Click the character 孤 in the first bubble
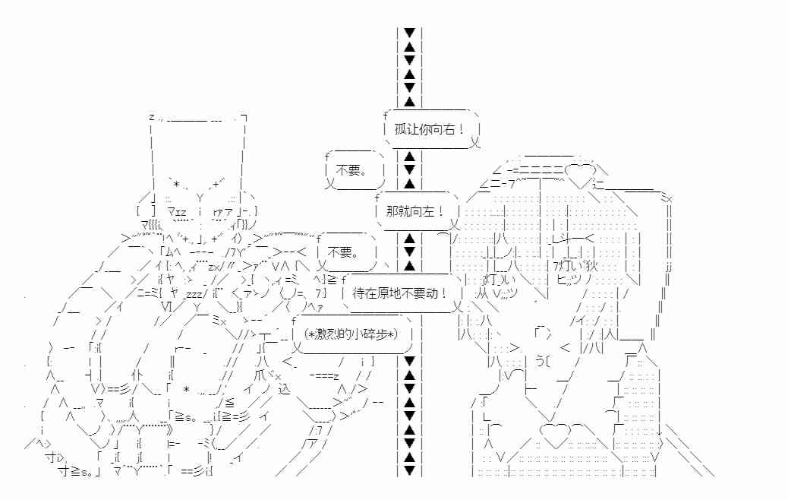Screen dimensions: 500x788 (x=402, y=128)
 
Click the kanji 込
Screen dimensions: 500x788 (x=285, y=390)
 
